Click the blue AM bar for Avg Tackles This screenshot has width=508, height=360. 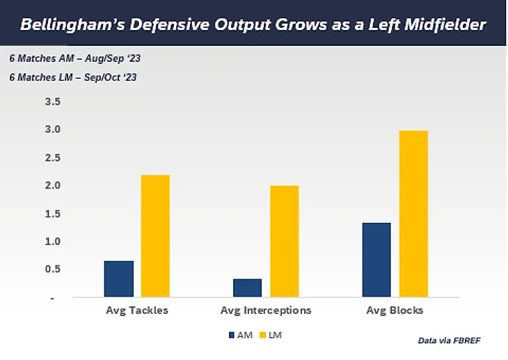118,279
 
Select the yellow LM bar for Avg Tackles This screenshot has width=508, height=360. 155,236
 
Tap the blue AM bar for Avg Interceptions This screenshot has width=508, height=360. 247,288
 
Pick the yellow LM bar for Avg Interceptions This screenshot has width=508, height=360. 284,241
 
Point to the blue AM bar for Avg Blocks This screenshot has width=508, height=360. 376,260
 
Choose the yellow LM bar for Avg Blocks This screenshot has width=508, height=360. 413,214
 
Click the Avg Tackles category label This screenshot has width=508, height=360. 137,311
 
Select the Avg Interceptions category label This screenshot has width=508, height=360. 265,311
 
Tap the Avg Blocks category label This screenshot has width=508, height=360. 395,311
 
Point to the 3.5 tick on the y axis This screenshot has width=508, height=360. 53,102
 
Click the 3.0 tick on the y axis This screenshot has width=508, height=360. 53,130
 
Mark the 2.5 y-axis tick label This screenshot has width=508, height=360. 53,158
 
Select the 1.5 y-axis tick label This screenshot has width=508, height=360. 53,213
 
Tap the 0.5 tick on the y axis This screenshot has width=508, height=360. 53,269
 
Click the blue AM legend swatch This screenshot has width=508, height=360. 232,335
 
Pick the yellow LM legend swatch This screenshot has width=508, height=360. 264,335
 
